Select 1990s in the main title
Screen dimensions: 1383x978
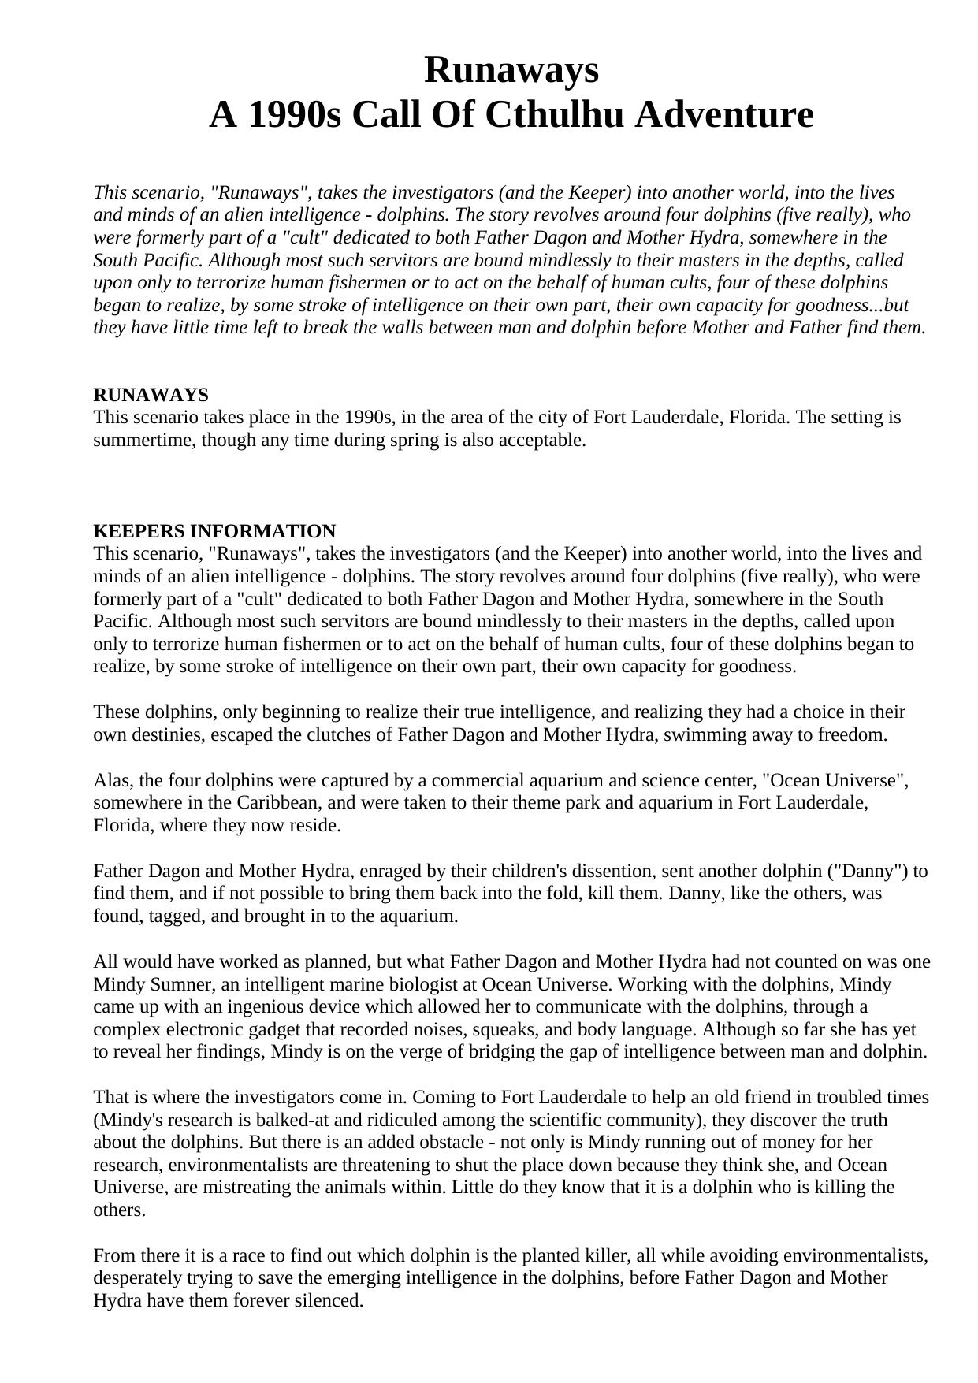pyautogui.click(x=295, y=115)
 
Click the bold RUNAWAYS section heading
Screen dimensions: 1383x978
pyautogui.click(x=151, y=394)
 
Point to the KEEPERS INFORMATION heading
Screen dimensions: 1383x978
pyautogui.click(x=214, y=530)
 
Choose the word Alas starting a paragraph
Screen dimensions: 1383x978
pyautogui.click(x=110, y=780)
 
